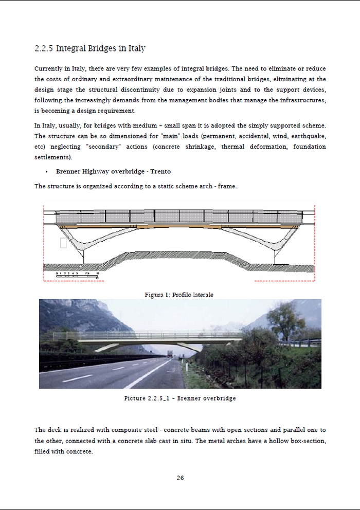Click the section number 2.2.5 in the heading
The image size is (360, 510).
pos(43,49)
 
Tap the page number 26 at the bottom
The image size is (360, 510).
pos(180,478)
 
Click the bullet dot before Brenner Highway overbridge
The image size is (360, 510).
pos(47,172)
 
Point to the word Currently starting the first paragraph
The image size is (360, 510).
pos(48,68)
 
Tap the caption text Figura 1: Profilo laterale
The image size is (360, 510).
pos(178,295)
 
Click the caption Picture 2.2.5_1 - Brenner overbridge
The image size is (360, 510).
pos(180,398)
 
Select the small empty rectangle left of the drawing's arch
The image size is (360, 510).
pos(63,243)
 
